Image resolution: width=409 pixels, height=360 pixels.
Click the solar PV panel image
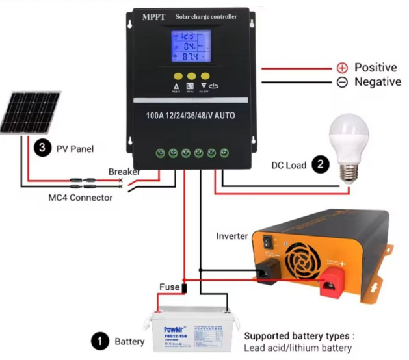click(x=30, y=112)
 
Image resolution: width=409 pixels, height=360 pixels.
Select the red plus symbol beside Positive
click(x=342, y=68)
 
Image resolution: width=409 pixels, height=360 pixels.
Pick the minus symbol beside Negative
click(x=342, y=82)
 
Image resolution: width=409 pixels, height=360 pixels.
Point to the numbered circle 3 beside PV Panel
click(x=42, y=148)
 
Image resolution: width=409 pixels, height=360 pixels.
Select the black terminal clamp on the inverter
click(x=267, y=272)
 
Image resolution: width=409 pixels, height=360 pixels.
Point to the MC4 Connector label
click(x=81, y=197)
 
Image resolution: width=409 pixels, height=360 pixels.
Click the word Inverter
click(x=232, y=235)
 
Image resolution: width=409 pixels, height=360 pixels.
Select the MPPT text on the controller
click(x=154, y=17)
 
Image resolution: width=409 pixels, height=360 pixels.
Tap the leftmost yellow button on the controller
click(x=174, y=75)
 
